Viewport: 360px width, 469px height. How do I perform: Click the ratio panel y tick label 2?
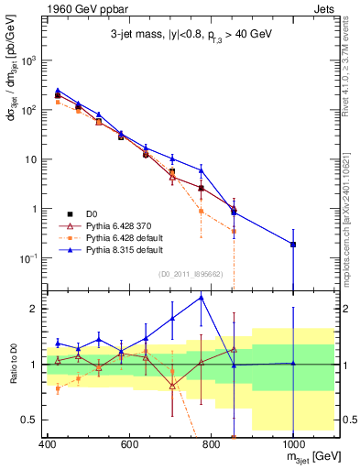[x=32, y=309]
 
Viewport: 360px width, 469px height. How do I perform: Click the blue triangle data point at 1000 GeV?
[x=293, y=244]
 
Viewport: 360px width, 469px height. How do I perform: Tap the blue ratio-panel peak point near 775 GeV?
[x=202, y=297]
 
